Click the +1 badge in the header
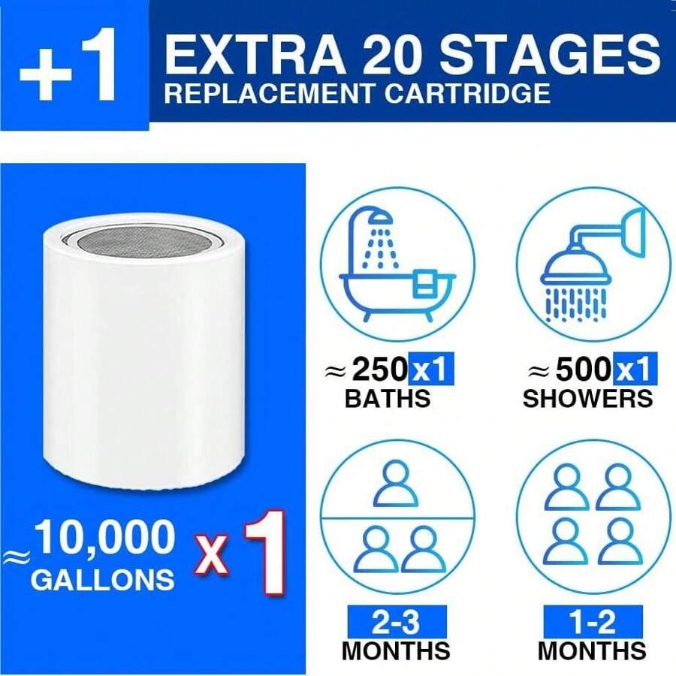69,65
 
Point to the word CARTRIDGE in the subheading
467,94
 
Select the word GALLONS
103,580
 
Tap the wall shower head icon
595,264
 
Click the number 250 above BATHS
380,370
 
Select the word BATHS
388,398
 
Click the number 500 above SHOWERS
584,370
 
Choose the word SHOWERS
587,398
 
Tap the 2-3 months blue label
397,622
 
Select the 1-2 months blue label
593,622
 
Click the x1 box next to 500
635,369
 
